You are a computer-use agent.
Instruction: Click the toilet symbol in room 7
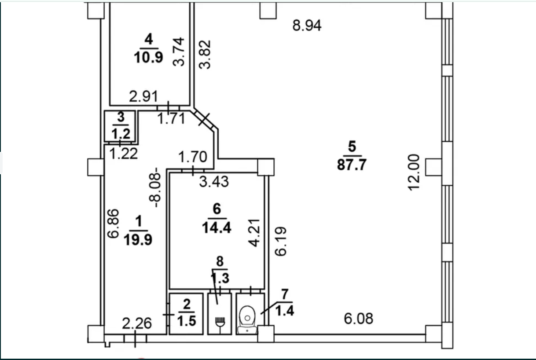[x=247, y=320]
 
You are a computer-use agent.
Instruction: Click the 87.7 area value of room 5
[x=352, y=165]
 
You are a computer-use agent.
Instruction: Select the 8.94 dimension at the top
[x=307, y=26]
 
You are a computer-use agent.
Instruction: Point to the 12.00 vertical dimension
[x=414, y=173]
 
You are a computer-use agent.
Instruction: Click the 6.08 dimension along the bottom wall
[x=359, y=319]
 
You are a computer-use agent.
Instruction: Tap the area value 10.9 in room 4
[x=148, y=58]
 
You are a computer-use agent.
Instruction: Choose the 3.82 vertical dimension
[x=205, y=55]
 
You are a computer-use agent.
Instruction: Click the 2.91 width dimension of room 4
[x=143, y=96]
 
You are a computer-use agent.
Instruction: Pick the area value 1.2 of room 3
[x=121, y=133]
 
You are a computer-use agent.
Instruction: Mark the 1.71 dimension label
[x=172, y=118]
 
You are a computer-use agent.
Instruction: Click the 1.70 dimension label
[x=193, y=157]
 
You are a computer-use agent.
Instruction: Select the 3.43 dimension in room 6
[x=214, y=181]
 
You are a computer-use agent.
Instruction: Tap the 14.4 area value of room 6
[x=217, y=228]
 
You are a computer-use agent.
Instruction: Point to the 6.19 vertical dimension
[x=280, y=241]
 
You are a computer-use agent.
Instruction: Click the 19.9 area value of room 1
[x=138, y=239]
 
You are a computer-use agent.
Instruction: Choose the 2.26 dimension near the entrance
[x=137, y=323]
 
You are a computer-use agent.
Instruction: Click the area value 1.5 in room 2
[x=187, y=321]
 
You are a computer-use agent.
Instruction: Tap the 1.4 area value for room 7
[x=285, y=311]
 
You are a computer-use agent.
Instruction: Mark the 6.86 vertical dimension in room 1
[x=113, y=224]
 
